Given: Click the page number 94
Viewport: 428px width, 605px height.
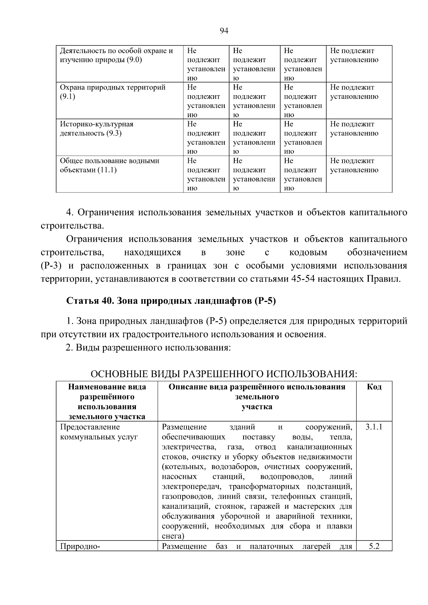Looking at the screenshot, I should [x=224, y=31].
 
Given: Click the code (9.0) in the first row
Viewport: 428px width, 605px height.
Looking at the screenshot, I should [x=134, y=60].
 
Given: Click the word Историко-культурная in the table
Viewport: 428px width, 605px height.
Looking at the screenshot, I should [x=96, y=124].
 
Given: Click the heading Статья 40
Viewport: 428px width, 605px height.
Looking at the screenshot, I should [x=88, y=301].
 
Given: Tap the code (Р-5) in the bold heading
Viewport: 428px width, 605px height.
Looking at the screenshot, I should [x=265, y=301].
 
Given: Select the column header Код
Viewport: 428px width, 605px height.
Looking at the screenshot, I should [x=374, y=387].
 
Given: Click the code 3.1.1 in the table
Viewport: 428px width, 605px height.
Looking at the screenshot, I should [x=374, y=427].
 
